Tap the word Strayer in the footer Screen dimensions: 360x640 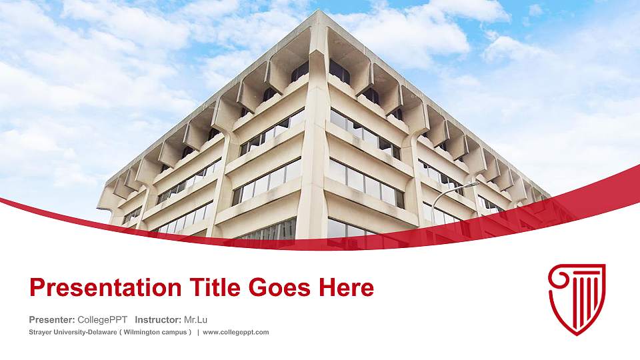coord(41,332)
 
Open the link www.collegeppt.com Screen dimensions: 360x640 coord(236,332)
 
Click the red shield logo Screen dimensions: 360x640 coord(577,298)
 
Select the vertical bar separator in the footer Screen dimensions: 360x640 coord(198,332)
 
